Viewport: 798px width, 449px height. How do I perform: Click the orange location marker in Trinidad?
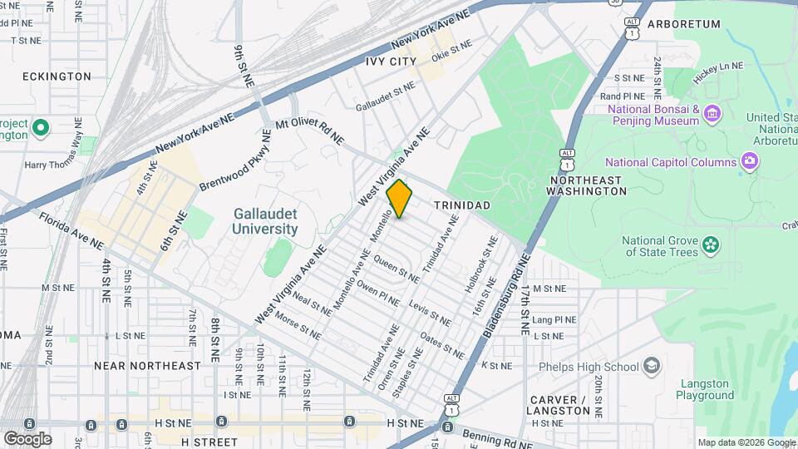tap(400, 199)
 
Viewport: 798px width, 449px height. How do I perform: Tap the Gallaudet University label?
tap(265, 221)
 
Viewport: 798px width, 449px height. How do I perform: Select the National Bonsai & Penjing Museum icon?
tap(712, 114)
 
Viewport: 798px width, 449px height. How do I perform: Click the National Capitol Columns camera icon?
tap(750, 161)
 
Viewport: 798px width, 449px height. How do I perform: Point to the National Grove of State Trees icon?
tap(711, 244)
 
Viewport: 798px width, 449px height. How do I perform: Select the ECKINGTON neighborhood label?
tap(57, 76)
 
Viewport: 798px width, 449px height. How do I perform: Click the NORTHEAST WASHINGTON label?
tap(586, 185)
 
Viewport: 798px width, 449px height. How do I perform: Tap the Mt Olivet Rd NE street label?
tap(309, 131)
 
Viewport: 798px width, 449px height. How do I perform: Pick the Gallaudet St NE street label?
tap(384, 96)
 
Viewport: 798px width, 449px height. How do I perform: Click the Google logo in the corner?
tap(27, 439)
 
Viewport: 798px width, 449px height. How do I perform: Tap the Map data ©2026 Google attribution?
tap(746, 442)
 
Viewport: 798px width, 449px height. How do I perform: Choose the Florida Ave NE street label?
tap(71, 231)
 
